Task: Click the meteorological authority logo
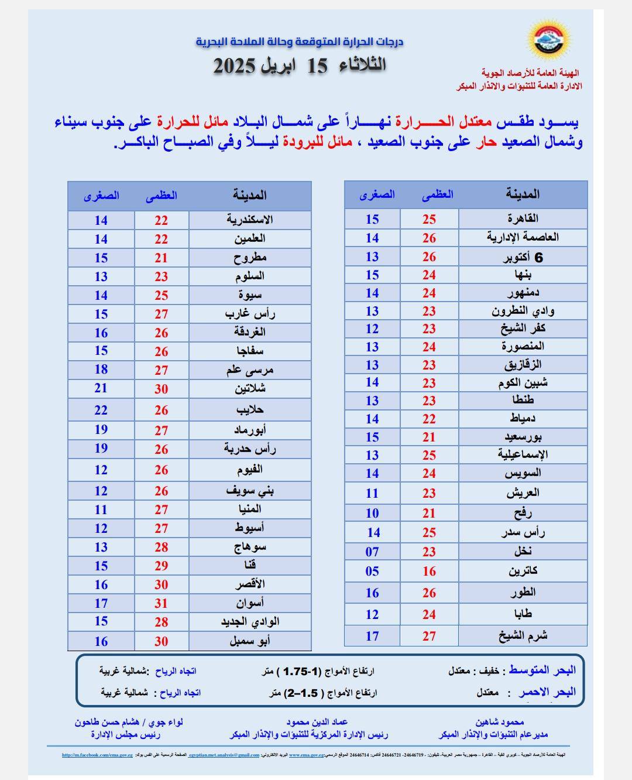pos(550,39)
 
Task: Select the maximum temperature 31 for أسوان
pos(162,603)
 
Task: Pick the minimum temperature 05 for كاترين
pos(372,571)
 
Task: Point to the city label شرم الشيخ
pos(523,635)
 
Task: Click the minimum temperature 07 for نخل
pos(372,552)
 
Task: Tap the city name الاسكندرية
pos(250,220)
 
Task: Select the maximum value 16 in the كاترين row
pos(430,571)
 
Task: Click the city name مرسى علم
pos(250,370)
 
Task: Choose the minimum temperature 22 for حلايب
pos(101,410)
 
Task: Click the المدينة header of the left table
pos(250,195)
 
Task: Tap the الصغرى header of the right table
pos(377,194)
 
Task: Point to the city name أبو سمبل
pos(250,641)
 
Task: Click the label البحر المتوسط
pos(542,670)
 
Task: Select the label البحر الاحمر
pos(547,692)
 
